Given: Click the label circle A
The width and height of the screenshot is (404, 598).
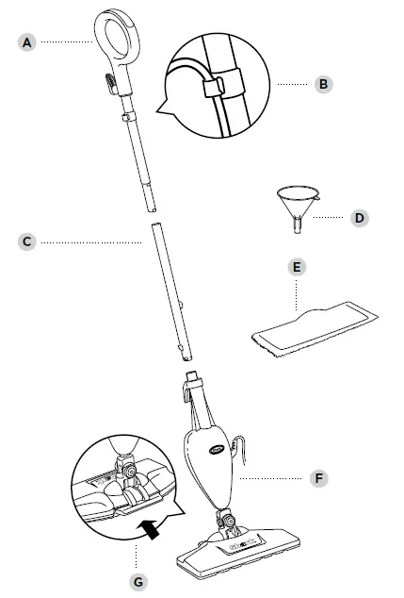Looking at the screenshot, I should click(29, 42).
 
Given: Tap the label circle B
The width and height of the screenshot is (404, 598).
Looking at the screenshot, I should click(322, 84).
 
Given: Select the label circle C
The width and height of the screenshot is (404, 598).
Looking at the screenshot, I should click(29, 241).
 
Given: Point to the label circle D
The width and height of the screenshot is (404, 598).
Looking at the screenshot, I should click(359, 218).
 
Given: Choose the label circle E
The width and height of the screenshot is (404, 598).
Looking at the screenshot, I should click(298, 268).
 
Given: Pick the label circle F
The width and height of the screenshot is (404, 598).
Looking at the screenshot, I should click(319, 479).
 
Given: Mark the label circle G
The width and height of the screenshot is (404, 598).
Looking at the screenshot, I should click(139, 581).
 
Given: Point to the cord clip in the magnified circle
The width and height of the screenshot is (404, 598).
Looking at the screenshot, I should click(216, 87).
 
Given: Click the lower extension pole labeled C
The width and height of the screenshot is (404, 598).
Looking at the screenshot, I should click(168, 293).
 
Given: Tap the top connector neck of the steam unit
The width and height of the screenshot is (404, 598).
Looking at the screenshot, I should click(194, 381).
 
